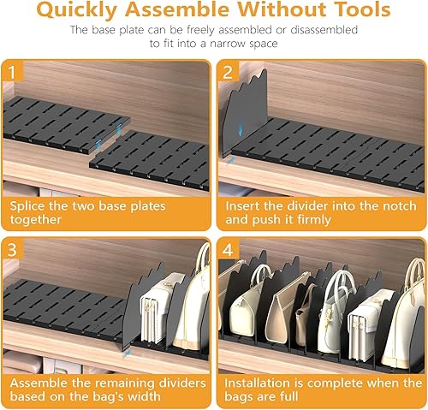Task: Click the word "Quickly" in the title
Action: tap(77, 10)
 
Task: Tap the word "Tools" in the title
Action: tap(362, 9)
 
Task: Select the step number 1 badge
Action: tap(12, 72)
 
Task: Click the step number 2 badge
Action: tap(228, 72)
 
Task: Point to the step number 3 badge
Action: tap(12, 250)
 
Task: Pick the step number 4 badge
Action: tap(228, 250)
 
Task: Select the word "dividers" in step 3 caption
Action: tap(182, 383)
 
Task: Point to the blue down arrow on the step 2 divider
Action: tap(241, 130)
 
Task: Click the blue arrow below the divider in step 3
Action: tap(127, 354)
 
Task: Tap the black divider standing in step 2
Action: tap(246, 114)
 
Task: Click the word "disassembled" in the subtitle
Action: tap(324, 30)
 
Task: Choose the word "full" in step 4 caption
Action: tap(288, 396)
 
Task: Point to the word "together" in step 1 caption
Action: tap(36, 220)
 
